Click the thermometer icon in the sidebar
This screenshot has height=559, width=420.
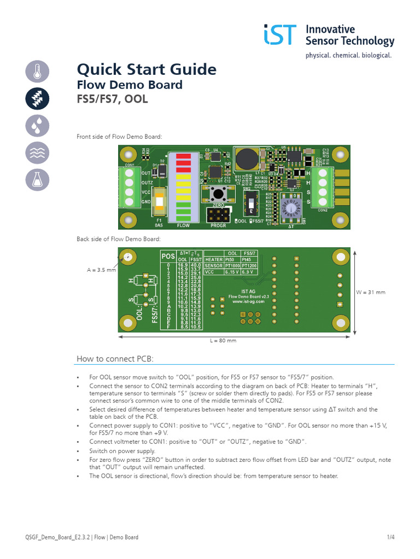[38, 72]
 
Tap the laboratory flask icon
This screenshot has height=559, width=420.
[38, 180]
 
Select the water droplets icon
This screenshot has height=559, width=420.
[38, 126]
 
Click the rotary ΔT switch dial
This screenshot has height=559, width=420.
[291, 209]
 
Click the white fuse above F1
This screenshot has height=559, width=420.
[160, 201]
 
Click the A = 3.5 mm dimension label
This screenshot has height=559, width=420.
[101, 270]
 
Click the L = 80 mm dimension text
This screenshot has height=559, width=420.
[223, 341]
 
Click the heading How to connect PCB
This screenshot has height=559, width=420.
[115, 359]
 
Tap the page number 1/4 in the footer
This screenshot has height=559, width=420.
[390, 537]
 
